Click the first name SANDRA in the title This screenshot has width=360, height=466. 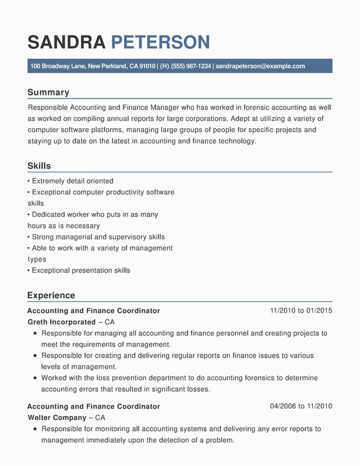[66, 42]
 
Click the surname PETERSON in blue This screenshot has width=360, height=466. [160, 42]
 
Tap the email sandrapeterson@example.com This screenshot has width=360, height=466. [260, 66]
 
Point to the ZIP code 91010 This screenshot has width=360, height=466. [146, 66]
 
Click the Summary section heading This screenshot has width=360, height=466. [48, 92]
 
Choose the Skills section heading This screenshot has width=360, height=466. [39, 166]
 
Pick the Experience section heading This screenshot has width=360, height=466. [51, 295]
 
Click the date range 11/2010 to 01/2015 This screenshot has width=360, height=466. [301, 310]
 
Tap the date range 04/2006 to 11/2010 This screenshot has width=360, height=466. [301, 406]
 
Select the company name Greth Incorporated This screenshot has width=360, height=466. [62, 322]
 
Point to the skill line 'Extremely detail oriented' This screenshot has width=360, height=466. [72, 181]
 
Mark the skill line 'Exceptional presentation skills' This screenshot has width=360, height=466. [81, 270]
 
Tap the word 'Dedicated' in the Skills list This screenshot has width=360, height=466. [50, 214]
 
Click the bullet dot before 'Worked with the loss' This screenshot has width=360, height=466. [35, 378]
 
